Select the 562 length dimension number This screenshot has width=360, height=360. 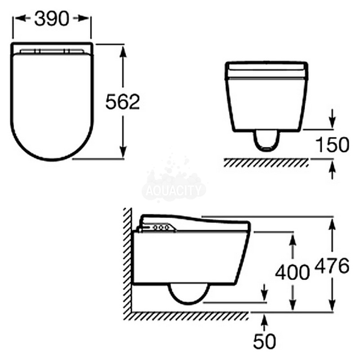(122, 102)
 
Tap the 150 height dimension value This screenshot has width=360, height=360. (332, 145)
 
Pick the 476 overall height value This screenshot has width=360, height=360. (332, 266)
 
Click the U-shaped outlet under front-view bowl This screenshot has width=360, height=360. (266, 140)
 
